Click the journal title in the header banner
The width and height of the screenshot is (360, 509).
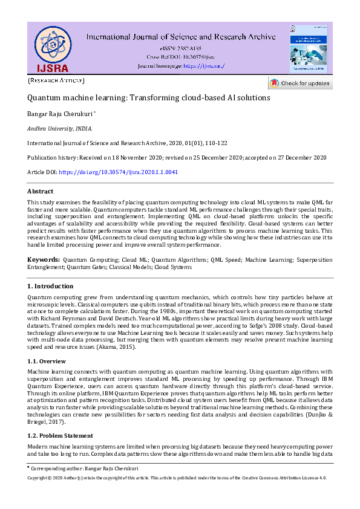click(180, 36)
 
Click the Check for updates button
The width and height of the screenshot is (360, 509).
click(301, 83)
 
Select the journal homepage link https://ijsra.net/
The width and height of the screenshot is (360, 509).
click(203, 65)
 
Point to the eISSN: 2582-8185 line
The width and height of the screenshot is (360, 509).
click(181, 48)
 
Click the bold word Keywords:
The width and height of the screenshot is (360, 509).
click(43, 259)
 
